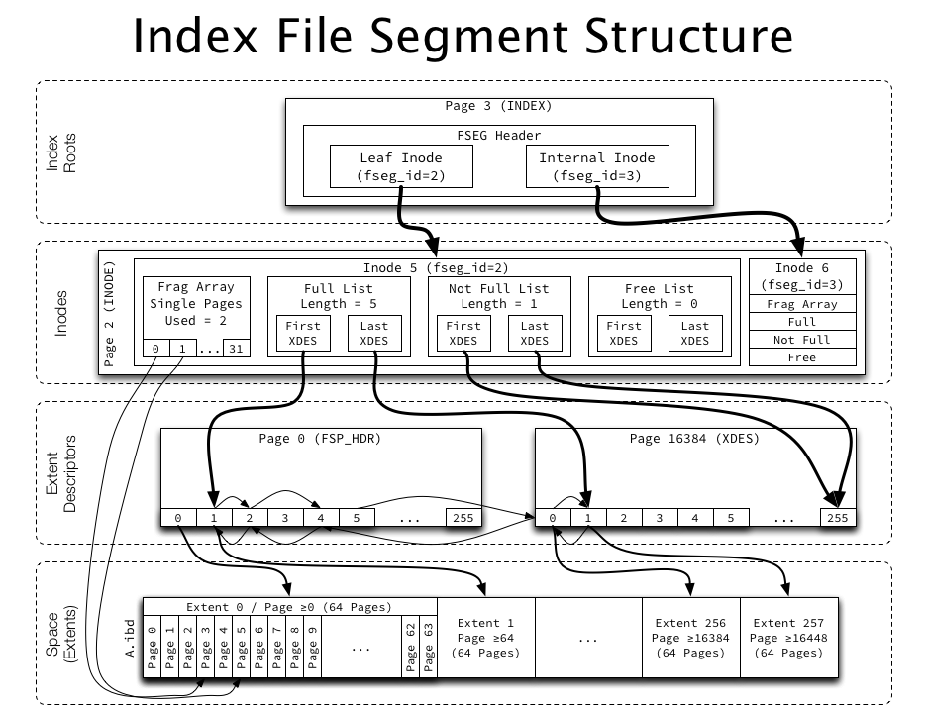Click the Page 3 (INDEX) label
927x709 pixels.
(498, 106)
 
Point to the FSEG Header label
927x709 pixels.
(498, 135)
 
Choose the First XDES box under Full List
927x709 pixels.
(303, 333)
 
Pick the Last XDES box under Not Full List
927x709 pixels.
(535, 333)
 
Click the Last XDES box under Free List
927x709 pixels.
(695, 333)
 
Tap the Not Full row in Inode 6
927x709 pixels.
(801, 340)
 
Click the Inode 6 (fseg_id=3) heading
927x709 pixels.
(801, 276)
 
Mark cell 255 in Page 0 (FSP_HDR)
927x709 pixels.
(463, 517)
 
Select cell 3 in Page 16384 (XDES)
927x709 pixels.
(659, 517)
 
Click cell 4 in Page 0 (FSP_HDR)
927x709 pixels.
(321, 517)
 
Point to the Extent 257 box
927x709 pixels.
(789, 638)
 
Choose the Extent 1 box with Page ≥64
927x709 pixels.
(485, 638)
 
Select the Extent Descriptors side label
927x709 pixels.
(61, 471)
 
